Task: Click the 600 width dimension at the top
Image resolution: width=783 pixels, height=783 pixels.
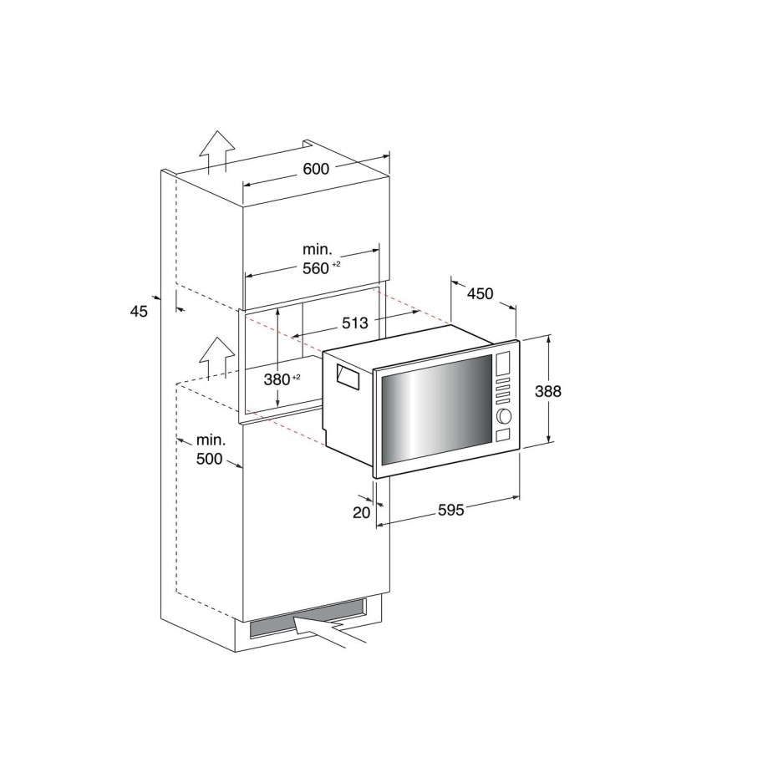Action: click(316, 169)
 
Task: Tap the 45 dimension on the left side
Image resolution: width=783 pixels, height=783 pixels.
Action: click(139, 311)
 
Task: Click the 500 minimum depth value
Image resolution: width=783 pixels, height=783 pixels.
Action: click(210, 459)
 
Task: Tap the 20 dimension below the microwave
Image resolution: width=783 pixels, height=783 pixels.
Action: click(361, 512)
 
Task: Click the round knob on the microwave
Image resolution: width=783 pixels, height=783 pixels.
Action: click(503, 415)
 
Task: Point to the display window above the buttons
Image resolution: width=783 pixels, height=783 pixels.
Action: click(503, 364)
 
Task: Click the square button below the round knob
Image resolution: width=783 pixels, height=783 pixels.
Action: click(503, 435)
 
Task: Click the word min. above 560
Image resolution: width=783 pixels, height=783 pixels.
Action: click(318, 249)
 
